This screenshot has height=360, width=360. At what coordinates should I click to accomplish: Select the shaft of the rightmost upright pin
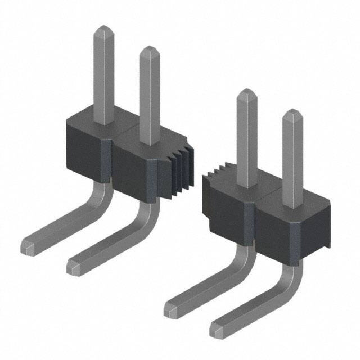[x=292, y=163]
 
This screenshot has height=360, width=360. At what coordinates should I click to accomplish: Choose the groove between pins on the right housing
[x=253, y=219]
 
